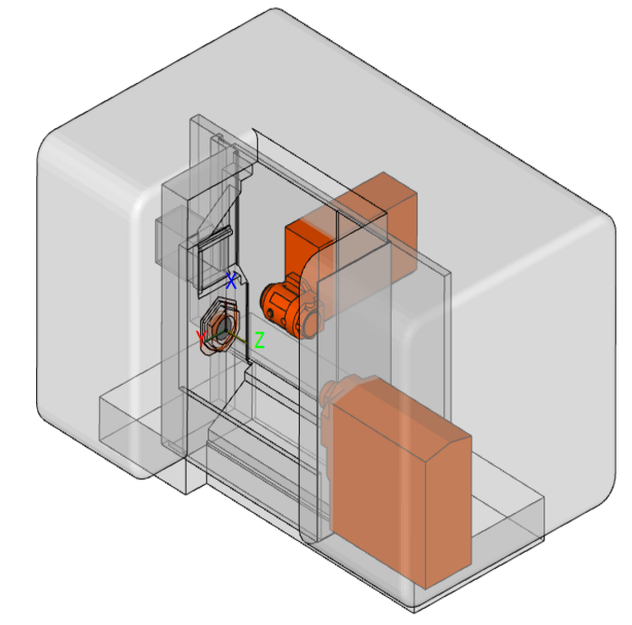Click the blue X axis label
[232, 280]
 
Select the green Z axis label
[259, 340]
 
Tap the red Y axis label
[201, 339]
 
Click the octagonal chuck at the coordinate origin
[220, 326]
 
